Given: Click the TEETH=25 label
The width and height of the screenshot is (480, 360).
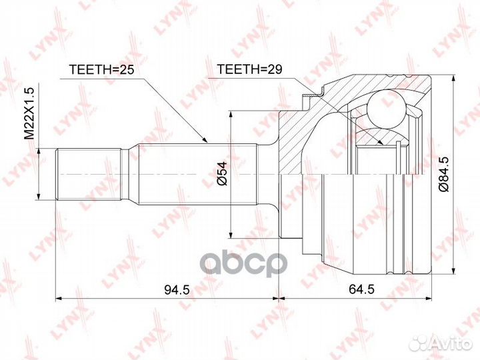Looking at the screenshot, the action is click(x=101, y=70).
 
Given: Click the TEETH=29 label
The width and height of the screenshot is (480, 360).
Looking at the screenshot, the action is click(x=249, y=69).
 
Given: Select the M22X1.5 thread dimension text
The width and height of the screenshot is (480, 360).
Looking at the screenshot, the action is click(x=30, y=113).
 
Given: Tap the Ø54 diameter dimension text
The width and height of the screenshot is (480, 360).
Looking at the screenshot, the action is click(x=223, y=173).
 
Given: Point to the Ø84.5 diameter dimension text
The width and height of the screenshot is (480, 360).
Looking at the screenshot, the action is click(x=444, y=174).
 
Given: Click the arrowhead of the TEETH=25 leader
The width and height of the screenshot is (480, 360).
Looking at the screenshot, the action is click(x=205, y=141).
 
